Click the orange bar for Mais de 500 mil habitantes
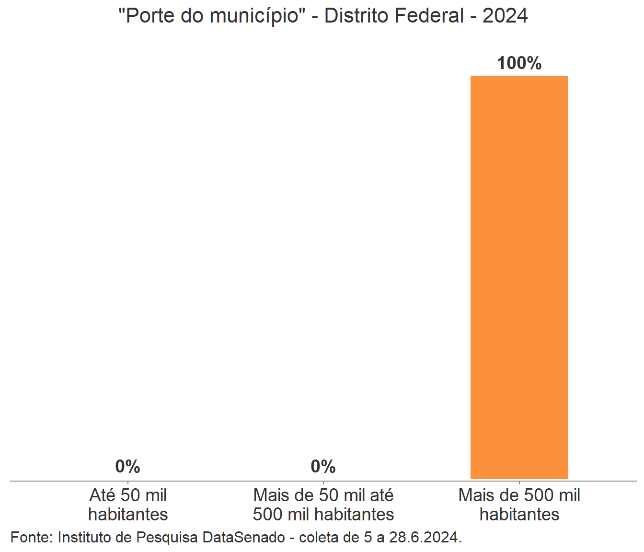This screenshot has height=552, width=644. (x=519, y=277)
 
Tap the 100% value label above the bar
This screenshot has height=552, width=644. (x=519, y=63)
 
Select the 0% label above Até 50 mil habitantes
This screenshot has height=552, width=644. (x=127, y=466)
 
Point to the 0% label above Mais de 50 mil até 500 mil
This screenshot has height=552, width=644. (x=323, y=466)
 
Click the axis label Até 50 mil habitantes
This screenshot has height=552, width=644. (x=128, y=505)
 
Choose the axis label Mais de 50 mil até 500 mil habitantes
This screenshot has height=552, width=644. (x=323, y=505)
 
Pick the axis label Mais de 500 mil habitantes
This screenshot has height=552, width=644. (x=519, y=505)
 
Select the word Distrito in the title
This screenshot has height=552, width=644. (x=354, y=16)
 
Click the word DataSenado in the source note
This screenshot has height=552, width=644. (x=243, y=537)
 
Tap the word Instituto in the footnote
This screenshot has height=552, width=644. (x=94, y=537)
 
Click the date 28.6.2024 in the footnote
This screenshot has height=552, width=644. (x=425, y=537)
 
